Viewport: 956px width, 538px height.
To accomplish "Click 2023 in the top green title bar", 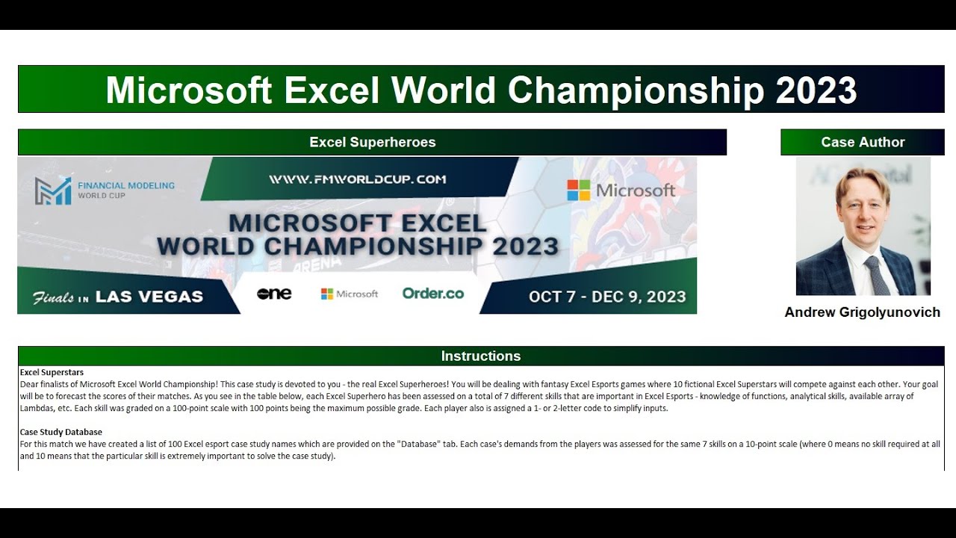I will click(x=816, y=90).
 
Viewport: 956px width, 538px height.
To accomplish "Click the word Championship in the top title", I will click(x=636, y=90).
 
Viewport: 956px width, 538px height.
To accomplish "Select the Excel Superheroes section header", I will click(x=372, y=142).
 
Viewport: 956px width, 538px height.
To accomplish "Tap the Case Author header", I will click(x=862, y=142).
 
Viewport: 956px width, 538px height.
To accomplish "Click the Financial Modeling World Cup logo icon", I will click(x=52, y=191).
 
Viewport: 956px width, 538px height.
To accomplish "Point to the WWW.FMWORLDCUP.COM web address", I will click(x=357, y=179).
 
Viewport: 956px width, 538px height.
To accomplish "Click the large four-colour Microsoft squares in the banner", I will click(x=578, y=191).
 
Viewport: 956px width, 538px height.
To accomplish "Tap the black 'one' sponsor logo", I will click(x=274, y=294).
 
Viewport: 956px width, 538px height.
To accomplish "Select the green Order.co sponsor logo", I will click(x=432, y=294).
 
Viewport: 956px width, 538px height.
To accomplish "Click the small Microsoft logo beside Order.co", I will click(x=350, y=294).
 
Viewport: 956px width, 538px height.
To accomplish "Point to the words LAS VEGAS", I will click(x=149, y=297).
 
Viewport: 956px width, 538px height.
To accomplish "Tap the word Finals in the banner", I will click(x=53, y=297).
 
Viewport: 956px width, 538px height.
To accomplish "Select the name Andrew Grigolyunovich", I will click(x=862, y=312).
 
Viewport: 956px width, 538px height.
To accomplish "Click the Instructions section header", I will click(x=480, y=356).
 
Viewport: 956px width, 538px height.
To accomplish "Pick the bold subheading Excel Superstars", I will click(x=52, y=372).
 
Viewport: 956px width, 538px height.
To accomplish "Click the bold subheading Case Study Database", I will click(x=61, y=432).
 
